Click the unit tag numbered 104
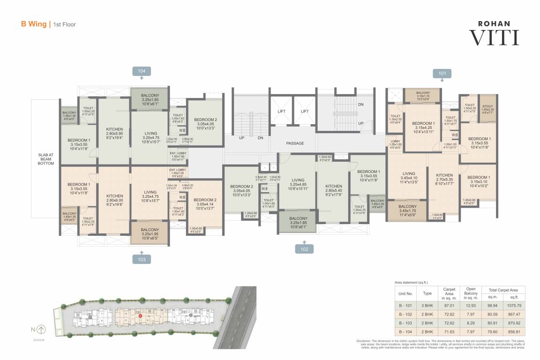[142, 71]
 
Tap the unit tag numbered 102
[304, 249]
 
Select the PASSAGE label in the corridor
[295, 143]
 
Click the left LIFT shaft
[281, 111]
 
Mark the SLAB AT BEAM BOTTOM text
[46, 159]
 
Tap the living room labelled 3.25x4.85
[298, 184]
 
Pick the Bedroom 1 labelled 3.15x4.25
[422, 128]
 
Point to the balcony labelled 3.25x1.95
[150, 233]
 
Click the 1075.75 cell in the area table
[514, 305]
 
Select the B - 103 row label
[405, 323]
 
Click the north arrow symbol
[42, 329]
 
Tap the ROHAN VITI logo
[494, 33]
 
